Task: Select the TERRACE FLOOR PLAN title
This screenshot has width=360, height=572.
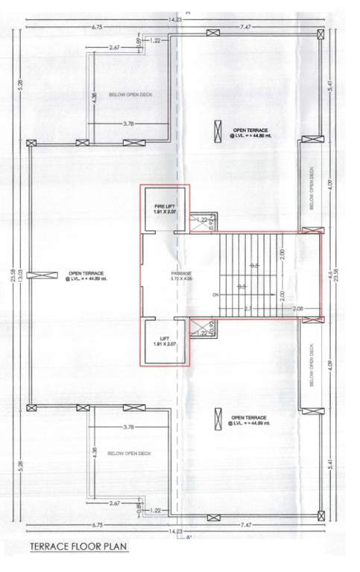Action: tap(78, 546)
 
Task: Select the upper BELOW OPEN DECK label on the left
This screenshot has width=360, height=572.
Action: tap(130, 95)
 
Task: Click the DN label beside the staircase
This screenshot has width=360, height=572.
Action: tap(215, 294)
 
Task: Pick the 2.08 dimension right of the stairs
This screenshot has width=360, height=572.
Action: tap(298, 308)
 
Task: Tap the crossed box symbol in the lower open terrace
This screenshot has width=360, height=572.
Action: tap(218, 421)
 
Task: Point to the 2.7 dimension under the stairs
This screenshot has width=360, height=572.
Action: tap(247, 308)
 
